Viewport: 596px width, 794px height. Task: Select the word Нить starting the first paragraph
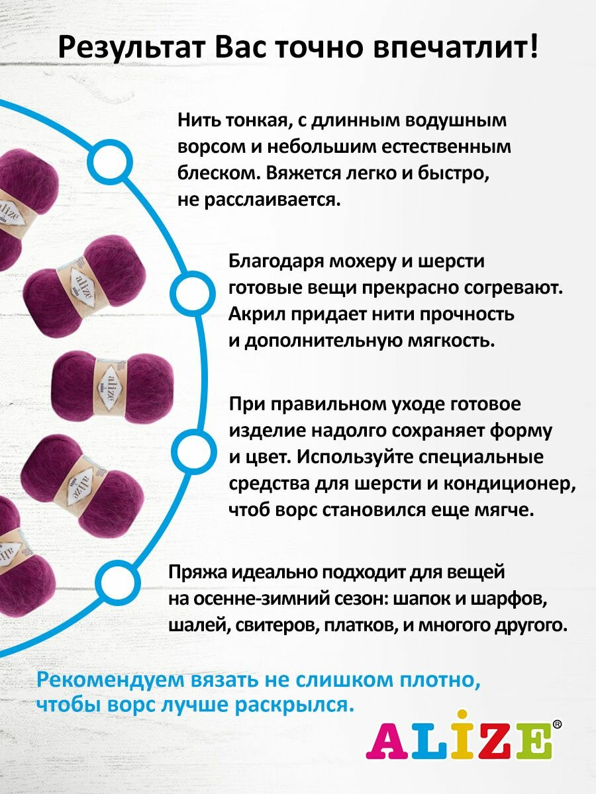tap(197, 121)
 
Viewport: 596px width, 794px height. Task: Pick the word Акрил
tap(256, 314)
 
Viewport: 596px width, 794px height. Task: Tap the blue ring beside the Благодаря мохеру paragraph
tap(191, 291)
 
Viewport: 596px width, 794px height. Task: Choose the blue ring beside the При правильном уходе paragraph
tap(193, 449)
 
